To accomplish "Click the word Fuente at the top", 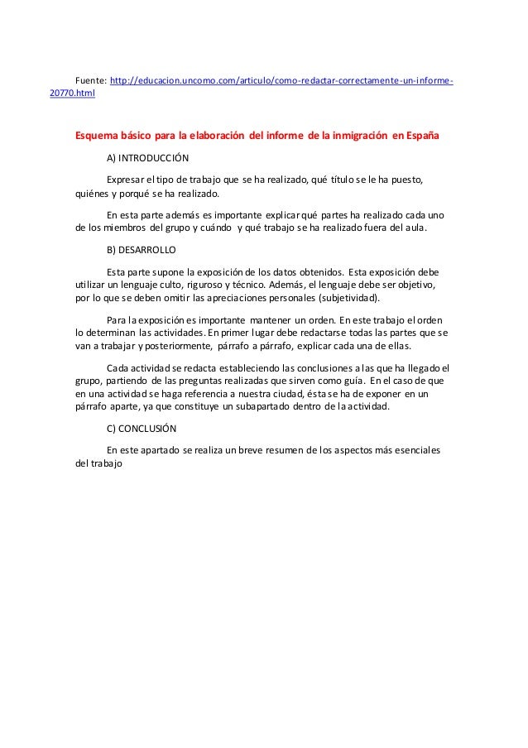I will click(90, 79).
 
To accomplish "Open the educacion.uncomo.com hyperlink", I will click(281, 79).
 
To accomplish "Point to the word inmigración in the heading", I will click(358, 135).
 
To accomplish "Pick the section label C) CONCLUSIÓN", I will click(142, 429).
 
